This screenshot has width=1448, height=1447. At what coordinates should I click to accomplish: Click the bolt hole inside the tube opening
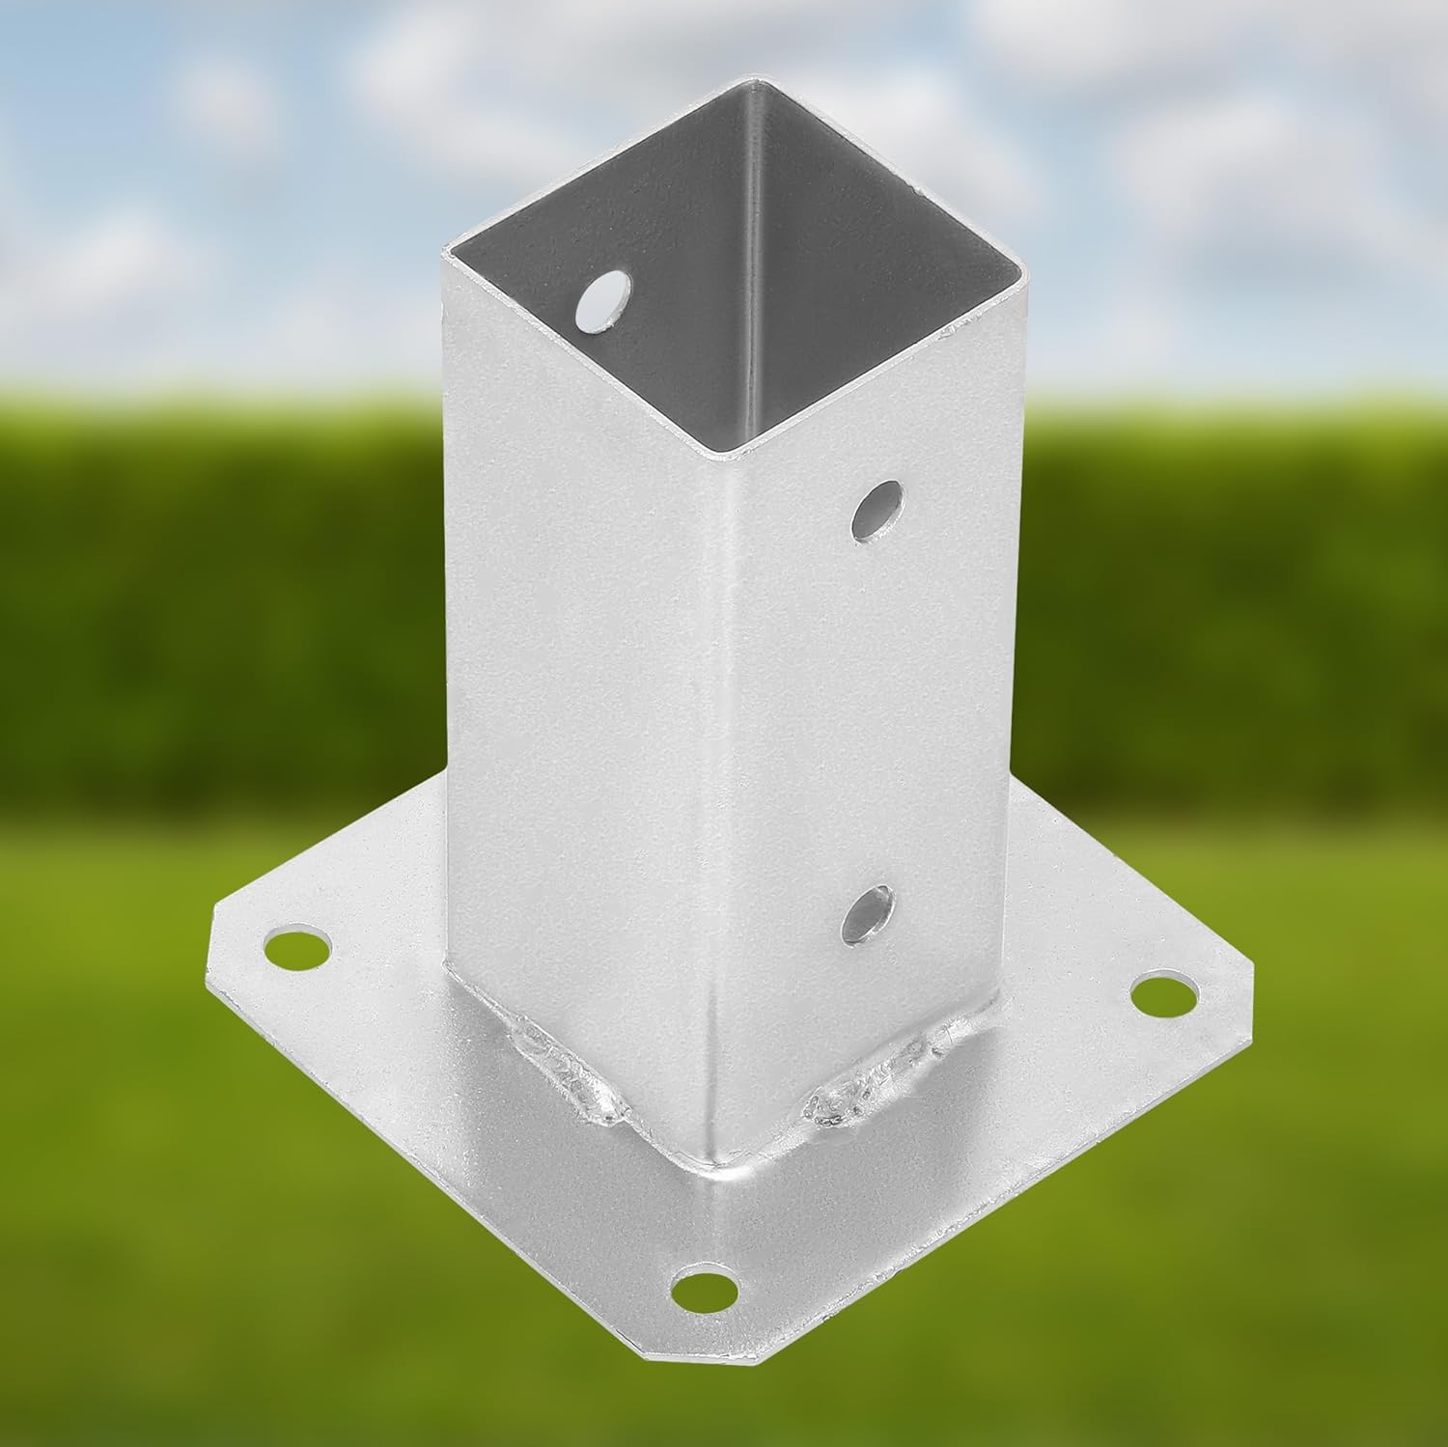tap(601, 300)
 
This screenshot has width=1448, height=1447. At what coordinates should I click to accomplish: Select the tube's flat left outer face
tap(579, 676)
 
